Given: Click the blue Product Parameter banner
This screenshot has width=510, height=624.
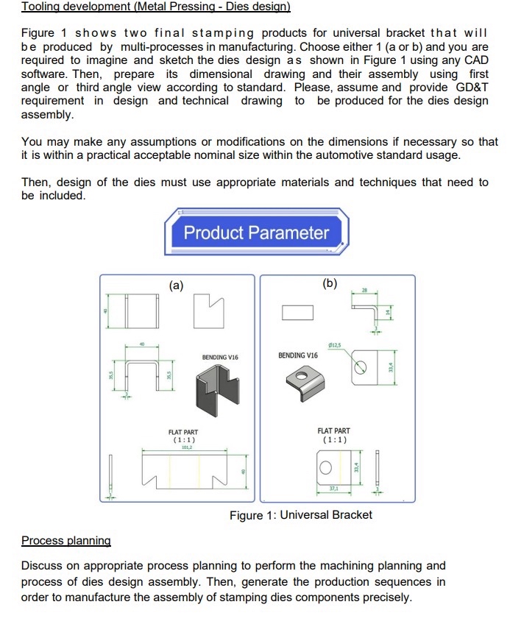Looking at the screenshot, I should click(x=256, y=233).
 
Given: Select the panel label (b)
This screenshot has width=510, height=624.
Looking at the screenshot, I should click(x=330, y=283).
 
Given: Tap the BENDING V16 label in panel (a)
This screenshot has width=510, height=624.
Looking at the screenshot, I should click(x=220, y=357).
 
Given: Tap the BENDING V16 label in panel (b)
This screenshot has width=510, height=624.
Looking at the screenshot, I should click(x=298, y=355).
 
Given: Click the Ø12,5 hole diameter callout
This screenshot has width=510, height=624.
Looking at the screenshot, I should click(x=335, y=345).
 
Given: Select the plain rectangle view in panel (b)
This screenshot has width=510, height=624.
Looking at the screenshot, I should click(x=297, y=313).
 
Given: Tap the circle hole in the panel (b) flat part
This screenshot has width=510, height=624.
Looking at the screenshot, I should click(x=333, y=466).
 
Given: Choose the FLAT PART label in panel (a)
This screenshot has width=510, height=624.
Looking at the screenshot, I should click(x=183, y=433).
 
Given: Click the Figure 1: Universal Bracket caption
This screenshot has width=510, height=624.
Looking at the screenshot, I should click(x=300, y=515).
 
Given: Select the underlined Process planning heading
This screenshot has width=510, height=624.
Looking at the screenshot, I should click(x=65, y=541).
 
